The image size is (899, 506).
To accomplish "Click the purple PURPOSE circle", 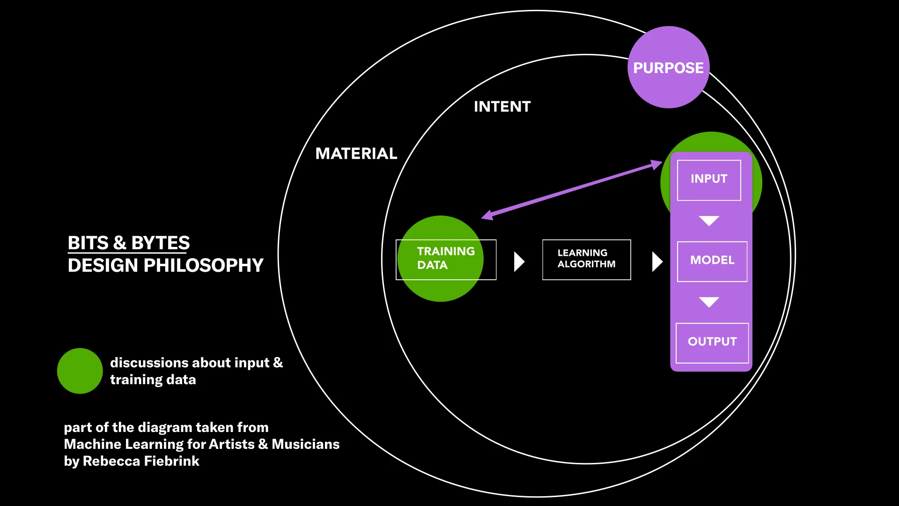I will click(668, 67).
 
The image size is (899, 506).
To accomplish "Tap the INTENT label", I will click(502, 107).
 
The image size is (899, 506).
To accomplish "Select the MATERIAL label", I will click(356, 154).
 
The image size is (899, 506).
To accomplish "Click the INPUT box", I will click(709, 179).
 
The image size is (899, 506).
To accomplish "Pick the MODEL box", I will click(712, 261).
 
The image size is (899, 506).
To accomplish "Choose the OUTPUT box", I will click(712, 342).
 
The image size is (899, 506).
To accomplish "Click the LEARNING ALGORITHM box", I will click(586, 259).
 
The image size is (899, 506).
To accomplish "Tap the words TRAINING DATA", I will click(445, 258).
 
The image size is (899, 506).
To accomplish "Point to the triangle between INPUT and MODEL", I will click(709, 221).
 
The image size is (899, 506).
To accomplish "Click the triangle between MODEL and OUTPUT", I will click(709, 302).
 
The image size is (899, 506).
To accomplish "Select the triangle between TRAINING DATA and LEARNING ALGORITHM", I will click(518, 261).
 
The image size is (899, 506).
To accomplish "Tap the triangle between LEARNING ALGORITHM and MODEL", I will click(657, 261).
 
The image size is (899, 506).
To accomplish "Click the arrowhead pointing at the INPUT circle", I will click(656, 164).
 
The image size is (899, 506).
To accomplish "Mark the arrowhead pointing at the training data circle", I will click(487, 216).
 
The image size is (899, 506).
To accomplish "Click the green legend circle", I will click(80, 371).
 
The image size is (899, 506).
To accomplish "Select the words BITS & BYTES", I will click(129, 243).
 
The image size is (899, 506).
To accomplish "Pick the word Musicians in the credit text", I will click(305, 444).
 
